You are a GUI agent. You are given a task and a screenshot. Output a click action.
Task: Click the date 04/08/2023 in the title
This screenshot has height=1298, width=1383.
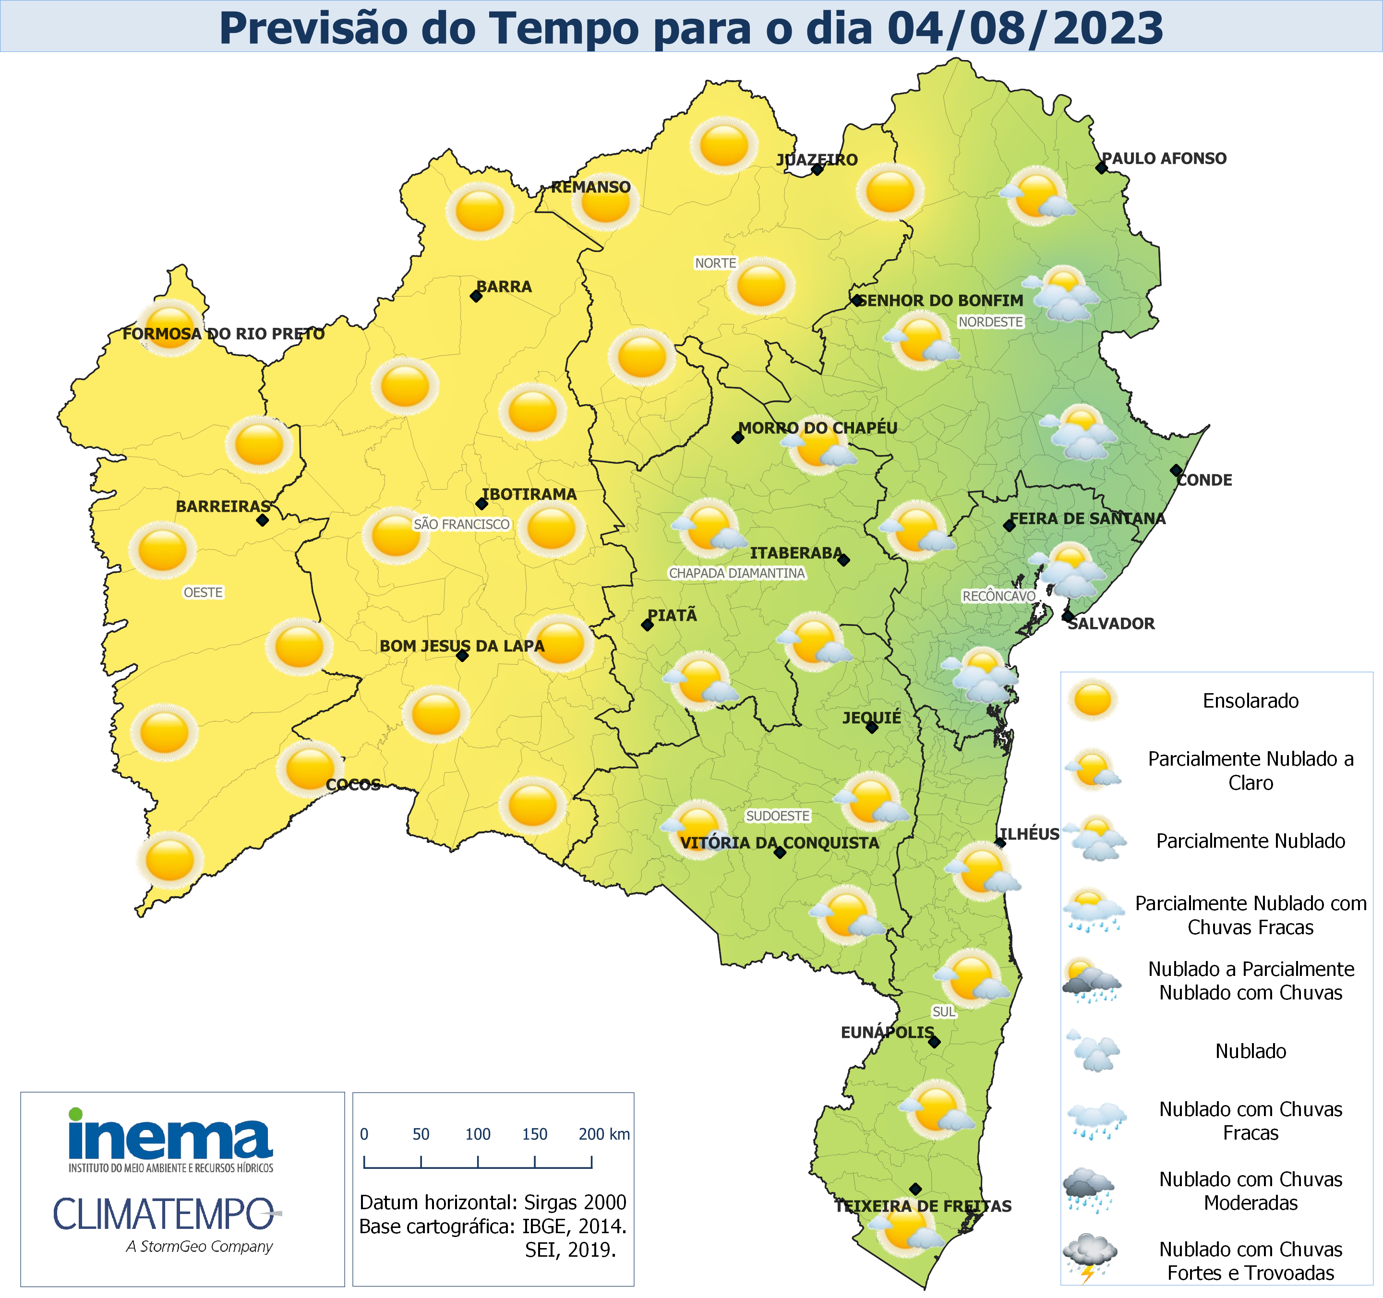coord(1025,28)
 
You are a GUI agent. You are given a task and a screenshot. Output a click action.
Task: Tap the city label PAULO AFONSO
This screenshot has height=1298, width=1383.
coord(1164,158)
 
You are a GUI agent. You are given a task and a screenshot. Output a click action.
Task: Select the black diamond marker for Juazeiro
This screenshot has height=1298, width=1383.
coord(818,169)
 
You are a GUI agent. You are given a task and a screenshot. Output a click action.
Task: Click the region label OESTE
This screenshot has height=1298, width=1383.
coord(203,593)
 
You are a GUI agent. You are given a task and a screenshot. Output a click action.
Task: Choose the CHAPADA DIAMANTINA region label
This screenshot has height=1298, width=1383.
coord(737,573)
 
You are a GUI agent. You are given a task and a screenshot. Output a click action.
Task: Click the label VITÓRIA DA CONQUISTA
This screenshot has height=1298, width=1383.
coord(779,843)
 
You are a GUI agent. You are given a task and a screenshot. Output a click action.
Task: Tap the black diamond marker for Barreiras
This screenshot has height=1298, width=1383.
coord(262,519)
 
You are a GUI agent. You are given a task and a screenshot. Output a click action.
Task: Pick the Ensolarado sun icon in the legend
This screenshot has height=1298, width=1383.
coord(1092,700)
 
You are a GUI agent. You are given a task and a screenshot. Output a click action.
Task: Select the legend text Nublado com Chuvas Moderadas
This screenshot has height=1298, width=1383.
coord(1250,1191)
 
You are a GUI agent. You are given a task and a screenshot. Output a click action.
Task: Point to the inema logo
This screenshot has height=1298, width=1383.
coord(170,1141)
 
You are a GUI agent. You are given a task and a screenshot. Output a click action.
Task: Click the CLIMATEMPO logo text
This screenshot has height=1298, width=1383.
coord(164,1214)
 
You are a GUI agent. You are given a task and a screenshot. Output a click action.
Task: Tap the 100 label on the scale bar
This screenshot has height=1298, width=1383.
coord(478,1134)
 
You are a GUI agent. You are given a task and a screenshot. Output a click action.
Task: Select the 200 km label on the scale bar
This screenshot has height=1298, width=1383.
coord(604,1134)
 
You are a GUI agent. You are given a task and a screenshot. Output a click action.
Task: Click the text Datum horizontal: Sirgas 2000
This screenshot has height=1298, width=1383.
coord(493,1202)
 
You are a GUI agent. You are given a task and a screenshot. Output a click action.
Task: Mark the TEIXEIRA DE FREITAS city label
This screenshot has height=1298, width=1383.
coord(923,1206)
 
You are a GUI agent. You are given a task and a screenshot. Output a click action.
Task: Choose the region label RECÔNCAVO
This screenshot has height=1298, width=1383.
coord(998,596)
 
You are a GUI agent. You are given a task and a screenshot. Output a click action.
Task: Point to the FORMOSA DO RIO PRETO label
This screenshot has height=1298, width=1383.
coord(223,334)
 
